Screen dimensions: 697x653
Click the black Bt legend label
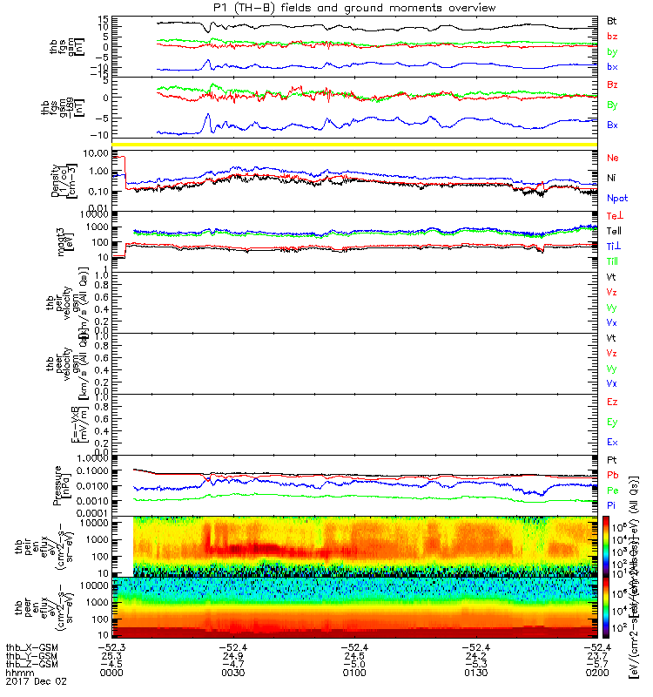point(613,20)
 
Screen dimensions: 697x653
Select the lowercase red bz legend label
point(613,36)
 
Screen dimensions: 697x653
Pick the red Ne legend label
point(613,159)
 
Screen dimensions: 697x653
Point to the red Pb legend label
point(614,475)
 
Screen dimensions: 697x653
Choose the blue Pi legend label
point(613,505)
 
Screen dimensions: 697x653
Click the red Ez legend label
point(613,403)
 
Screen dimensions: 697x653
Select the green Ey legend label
point(613,423)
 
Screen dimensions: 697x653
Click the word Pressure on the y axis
point(56,484)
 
